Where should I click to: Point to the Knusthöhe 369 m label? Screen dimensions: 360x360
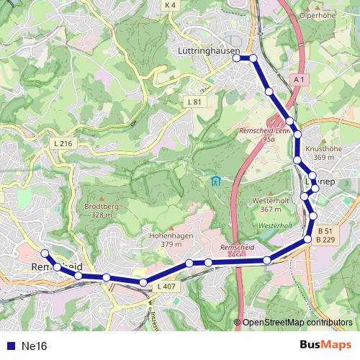point(320,153)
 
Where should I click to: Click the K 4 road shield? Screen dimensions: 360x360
point(170,5)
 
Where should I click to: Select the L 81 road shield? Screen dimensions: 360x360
point(194,102)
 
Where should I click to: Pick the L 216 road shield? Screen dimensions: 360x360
point(63,144)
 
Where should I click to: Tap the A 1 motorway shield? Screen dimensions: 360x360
point(300,79)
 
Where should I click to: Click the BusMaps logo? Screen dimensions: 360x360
point(325,346)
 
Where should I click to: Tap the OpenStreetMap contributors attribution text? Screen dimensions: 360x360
point(297,322)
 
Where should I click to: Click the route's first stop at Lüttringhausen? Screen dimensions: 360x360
point(236,58)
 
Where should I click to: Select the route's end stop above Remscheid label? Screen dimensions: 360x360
point(44,253)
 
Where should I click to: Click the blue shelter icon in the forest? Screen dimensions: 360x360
point(215,180)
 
